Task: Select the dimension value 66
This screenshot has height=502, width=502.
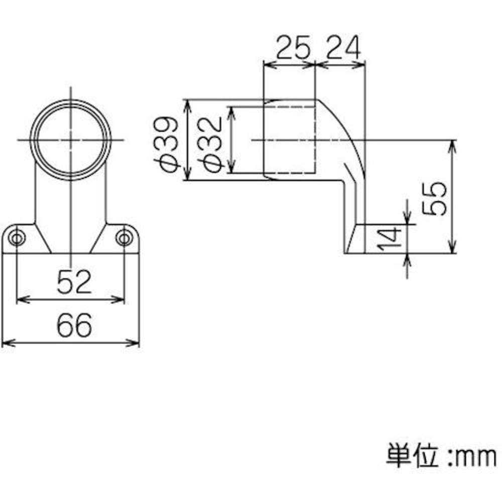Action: pos(74,325)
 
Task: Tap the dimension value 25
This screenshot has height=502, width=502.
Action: pos(290,49)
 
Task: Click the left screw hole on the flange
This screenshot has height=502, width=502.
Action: pos(17,238)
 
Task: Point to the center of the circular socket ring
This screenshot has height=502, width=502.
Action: pos(71,139)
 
